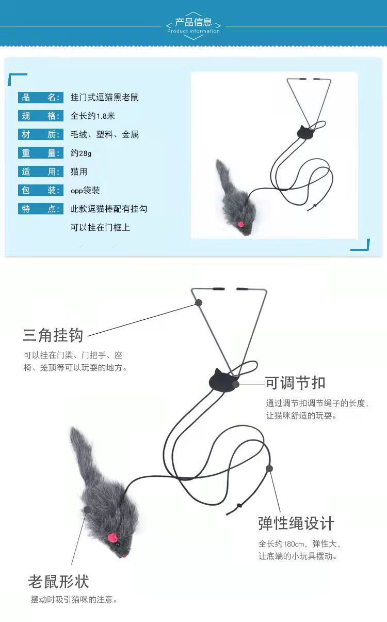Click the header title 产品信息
[193, 22]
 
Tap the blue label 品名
[40, 98]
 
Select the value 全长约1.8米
[93, 116]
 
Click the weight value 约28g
[80, 153]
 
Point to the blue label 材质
[40, 134]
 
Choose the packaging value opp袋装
[85, 190]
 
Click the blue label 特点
[40, 209]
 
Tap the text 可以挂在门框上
[100, 227]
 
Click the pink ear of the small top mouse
[240, 224]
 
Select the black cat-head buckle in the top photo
[305, 132]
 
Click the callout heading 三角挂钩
[53, 335]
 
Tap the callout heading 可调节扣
[295, 383]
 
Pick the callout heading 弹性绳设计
[296, 523]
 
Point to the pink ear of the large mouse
[112, 538]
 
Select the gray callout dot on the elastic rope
[269, 469]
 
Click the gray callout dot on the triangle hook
[199, 303]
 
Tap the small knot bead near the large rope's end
[239, 505]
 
